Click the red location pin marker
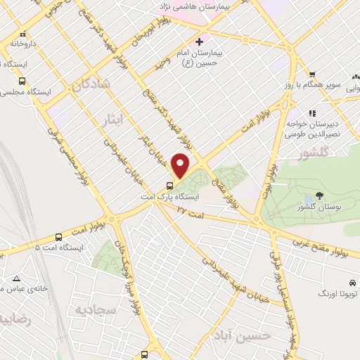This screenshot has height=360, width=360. pos(181,166)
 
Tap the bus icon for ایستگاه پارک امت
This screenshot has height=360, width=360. pos(169,186)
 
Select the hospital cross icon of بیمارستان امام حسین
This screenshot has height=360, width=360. pos(199,41)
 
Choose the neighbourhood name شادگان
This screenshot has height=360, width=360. pos(91,86)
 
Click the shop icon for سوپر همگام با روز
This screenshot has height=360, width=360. pos(312,75)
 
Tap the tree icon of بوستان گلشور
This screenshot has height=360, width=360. pos(320,195)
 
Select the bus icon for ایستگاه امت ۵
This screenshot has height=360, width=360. pos(58,236)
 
